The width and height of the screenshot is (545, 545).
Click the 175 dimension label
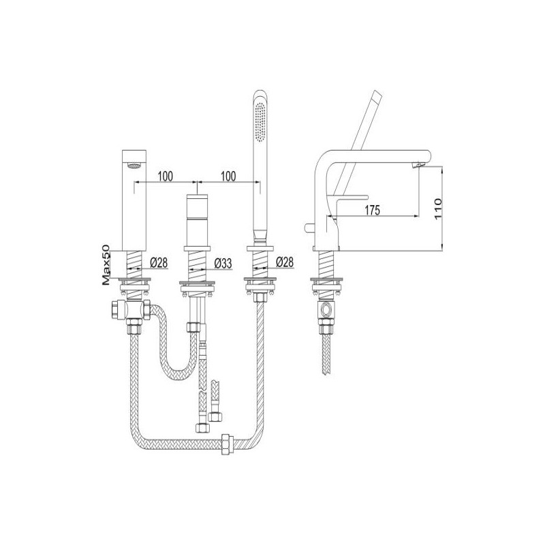click(x=372, y=210)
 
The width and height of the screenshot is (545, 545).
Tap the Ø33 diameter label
click(x=223, y=263)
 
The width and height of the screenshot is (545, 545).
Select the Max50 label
click(x=106, y=265)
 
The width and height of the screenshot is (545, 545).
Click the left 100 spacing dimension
click(x=165, y=176)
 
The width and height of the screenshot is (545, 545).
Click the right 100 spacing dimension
click(x=228, y=176)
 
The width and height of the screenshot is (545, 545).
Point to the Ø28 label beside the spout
click(x=159, y=263)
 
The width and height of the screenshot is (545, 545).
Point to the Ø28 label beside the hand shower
click(x=285, y=262)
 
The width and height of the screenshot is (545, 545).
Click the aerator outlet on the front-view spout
click(x=134, y=166)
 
